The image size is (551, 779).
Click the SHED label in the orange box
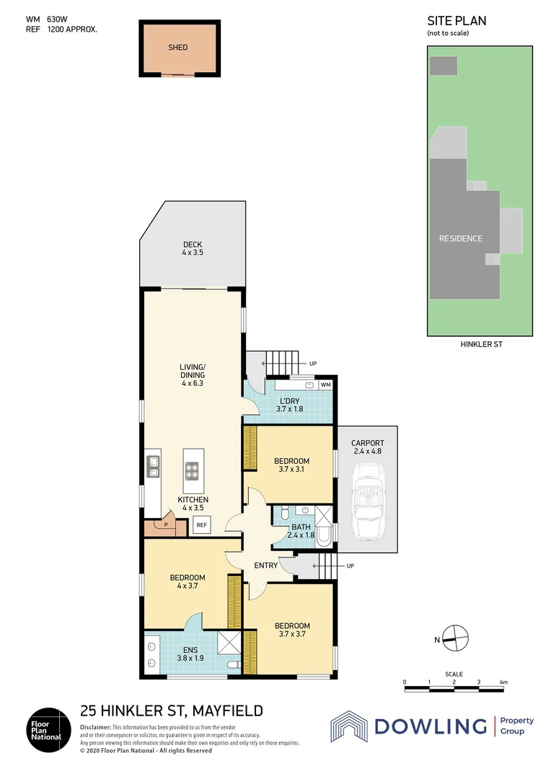tap(177, 48)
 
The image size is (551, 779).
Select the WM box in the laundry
tap(325, 385)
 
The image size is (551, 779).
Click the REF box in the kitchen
tap(202, 525)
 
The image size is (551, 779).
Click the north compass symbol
tap(456, 636)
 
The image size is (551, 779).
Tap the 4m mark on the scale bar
tap(503, 682)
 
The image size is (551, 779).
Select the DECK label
tap(192, 249)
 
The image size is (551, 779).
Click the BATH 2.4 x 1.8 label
tap(301, 531)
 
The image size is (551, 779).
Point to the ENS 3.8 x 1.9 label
tap(191, 653)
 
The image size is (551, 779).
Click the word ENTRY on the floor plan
tap(265, 565)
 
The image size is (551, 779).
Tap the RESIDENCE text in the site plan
tap(460, 239)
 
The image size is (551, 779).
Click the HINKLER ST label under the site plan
tap(481, 345)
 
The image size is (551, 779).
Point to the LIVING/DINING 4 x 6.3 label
tap(192, 375)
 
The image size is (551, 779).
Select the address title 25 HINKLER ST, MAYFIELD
tap(171, 710)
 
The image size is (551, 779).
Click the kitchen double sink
tap(154, 467)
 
